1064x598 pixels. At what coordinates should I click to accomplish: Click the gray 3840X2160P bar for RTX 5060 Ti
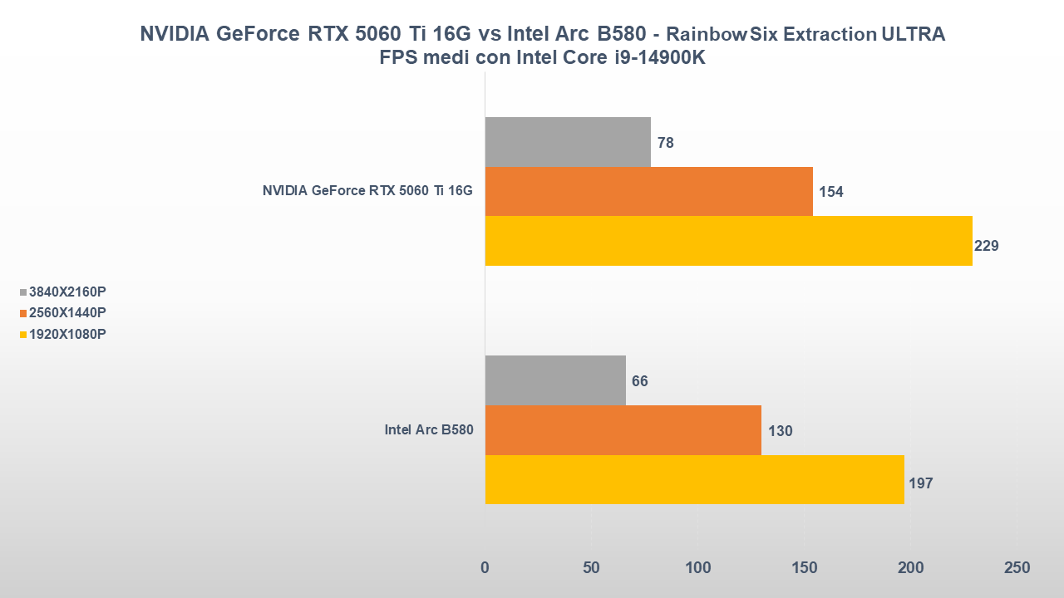[x=568, y=142]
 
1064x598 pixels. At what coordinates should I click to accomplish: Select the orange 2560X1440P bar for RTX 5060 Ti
[x=648, y=191]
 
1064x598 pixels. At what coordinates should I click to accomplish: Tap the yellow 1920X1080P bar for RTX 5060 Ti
[x=728, y=241]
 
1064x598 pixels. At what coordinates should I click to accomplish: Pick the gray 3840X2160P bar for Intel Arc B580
[x=555, y=380]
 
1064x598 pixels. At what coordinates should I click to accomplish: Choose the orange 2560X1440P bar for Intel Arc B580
[x=623, y=430]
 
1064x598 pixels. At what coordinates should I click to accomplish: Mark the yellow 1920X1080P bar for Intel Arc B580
[x=694, y=479]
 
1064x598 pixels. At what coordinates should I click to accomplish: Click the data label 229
[x=986, y=246]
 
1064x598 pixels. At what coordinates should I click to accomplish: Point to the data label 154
[x=831, y=192]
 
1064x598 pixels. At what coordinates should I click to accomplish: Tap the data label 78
[x=666, y=143]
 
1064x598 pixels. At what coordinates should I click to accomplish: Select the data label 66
[x=640, y=381]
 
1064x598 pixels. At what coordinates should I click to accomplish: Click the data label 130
[x=781, y=431]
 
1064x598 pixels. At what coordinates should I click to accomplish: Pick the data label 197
[x=921, y=483]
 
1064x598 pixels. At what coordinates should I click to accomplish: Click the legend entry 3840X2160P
[x=67, y=292]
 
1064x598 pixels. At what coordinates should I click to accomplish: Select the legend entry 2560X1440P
[x=67, y=313]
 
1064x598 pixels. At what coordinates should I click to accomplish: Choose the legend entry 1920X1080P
[x=67, y=334]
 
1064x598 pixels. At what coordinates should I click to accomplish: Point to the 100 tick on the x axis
[x=697, y=568]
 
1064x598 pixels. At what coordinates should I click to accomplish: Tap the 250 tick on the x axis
[x=1017, y=568]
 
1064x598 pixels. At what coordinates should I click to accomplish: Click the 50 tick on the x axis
[x=591, y=568]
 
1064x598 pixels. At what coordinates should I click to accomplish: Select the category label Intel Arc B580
[x=428, y=430]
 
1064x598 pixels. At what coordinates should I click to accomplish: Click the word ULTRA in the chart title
[x=914, y=35]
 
